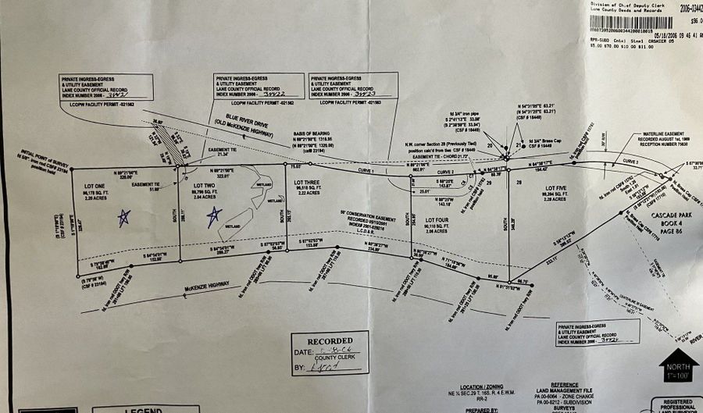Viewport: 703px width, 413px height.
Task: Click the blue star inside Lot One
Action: pyautogui.click(x=122, y=217)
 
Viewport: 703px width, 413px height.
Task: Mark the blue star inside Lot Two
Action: pyautogui.click(x=212, y=218)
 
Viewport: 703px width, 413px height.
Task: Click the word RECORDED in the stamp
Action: pyautogui.click(x=329, y=341)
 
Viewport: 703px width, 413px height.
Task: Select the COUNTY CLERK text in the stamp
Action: pyautogui.click(x=331, y=356)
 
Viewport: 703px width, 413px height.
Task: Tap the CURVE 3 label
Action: pyautogui.click(x=631, y=160)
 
